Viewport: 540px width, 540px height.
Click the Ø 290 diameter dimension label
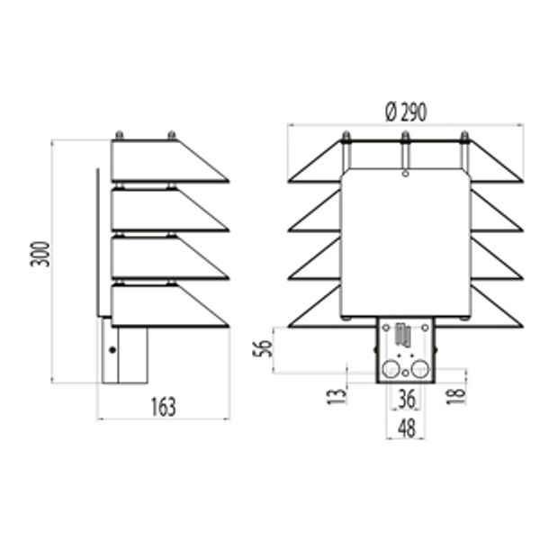405,112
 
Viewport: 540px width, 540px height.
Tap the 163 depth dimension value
162,406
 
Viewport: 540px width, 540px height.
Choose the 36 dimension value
407,396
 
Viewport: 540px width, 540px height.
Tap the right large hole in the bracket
419,369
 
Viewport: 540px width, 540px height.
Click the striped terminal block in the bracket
401,336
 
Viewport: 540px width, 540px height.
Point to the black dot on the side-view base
111,348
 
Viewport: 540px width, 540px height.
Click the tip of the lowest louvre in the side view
229,324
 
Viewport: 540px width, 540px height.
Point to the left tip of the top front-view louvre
289,182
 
